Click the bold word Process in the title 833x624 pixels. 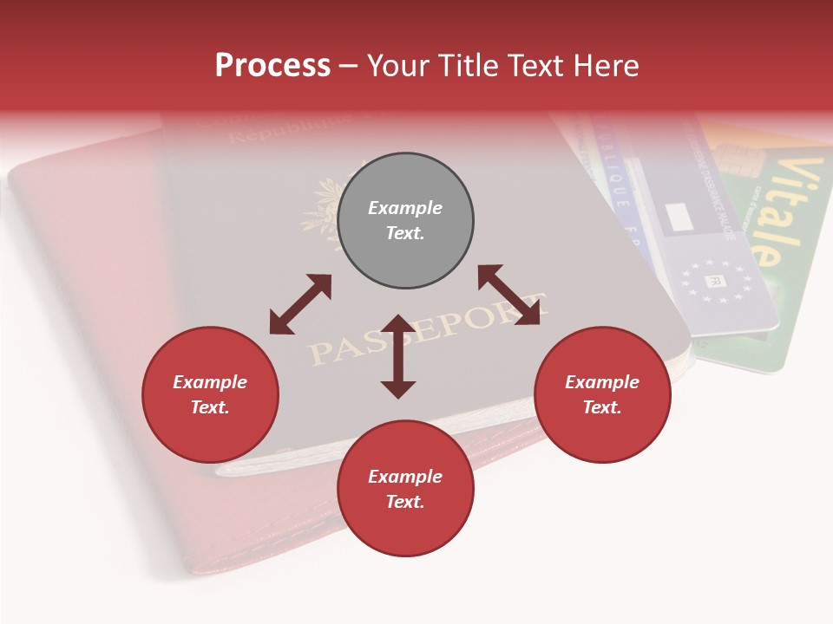272,66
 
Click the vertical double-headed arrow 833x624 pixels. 398,356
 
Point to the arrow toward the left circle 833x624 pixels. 300,304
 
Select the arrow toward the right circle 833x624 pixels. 508,295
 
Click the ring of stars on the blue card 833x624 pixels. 717,280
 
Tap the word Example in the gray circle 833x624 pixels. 405,208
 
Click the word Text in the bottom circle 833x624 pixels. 405,502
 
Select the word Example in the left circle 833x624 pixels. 210,382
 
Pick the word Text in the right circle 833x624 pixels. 602,407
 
